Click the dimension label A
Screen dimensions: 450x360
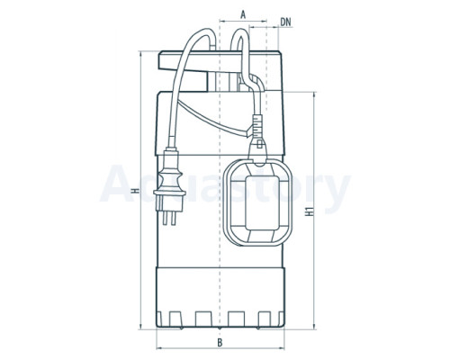click(x=243, y=14)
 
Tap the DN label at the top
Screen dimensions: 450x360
click(x=285, y=22)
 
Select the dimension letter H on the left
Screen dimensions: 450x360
click(x=136, y=191)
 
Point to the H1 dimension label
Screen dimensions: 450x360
click(x=310, y=211)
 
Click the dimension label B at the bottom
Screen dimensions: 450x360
click(x=220, y=342)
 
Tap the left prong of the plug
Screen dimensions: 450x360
click(x=166, y=218)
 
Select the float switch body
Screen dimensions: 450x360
click(x=258, y=202)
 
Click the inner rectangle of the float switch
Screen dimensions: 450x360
click(x=258, y=202)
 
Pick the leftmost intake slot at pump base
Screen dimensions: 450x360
click(x=175, y=319)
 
